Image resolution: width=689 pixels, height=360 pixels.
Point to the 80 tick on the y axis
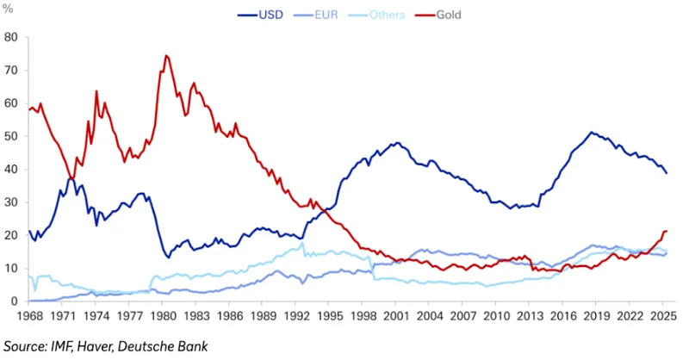(x=11, y=37)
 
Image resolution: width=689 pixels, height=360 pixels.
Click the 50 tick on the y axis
(x=11, y=136)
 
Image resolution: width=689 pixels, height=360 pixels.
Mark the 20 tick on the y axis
(x=11, y=235)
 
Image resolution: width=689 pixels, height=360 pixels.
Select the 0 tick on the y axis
(x=15, y=301)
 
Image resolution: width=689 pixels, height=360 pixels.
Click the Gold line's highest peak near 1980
(x=165, y=56)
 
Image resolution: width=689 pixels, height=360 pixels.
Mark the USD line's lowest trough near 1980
(x=168, y=257)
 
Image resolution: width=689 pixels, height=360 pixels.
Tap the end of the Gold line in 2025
(x=667, y=231)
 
